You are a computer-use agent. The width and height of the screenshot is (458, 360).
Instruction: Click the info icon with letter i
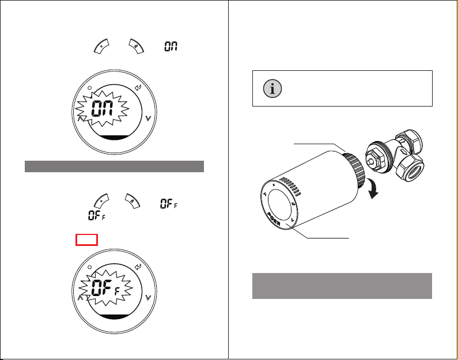[x=272, y=88]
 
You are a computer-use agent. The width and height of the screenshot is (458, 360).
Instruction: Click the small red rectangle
[x=86, y=240]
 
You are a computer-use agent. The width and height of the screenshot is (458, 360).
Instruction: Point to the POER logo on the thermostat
[x=274, y=219]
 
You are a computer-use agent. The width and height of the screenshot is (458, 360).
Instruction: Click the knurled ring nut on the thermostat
[x=355, y=170]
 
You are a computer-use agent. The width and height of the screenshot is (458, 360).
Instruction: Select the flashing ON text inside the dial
[x=102, y=108]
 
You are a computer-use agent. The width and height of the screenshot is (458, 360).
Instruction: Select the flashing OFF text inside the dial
[x=105, y=287]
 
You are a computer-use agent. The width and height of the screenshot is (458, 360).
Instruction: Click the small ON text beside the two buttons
[x=171, y=47]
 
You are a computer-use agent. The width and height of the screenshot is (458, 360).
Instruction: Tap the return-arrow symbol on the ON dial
[x=138, y=88]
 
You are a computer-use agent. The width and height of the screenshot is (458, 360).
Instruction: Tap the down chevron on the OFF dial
[x=149, y=297]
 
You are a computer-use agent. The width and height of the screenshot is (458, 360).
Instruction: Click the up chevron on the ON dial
[x=81, y=118]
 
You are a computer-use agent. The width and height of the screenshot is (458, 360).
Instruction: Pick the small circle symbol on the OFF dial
[x=90, y=267]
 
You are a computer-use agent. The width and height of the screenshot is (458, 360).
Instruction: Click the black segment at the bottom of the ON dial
[x=114, y=138]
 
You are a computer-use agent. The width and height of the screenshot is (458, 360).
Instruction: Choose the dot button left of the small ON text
[x=101, y=46]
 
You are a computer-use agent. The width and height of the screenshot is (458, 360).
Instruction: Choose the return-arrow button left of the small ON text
[x=136, y=46]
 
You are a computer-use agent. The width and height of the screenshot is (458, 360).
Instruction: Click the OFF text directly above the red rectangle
[x=97, y=215]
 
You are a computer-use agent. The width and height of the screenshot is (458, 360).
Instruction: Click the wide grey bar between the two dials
[x=114, y=166]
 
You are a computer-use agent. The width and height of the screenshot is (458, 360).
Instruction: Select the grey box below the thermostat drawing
[x=342, y=286]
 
